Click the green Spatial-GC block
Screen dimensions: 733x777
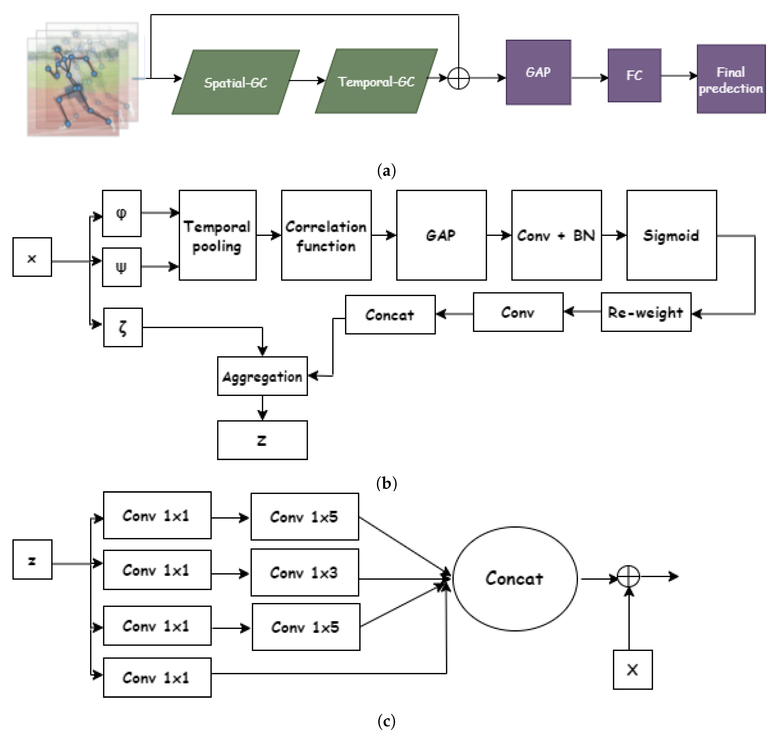236,82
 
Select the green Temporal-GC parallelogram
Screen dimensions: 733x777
376,81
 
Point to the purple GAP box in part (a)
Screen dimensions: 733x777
538,72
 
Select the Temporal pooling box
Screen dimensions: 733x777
217,236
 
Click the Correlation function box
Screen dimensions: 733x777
326,236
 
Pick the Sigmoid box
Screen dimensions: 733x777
671,236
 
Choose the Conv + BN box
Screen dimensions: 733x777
556,236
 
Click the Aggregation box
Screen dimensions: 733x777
262,376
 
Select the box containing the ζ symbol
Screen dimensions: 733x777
123,327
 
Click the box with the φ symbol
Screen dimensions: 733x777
121,213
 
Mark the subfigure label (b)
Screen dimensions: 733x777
386,483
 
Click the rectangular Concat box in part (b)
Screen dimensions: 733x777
390,315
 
